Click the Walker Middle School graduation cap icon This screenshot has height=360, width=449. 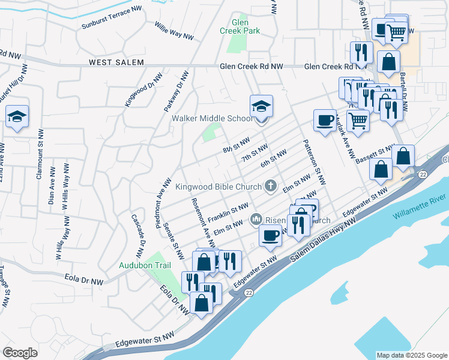pos(261,106)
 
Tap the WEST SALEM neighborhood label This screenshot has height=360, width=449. pos(116,62)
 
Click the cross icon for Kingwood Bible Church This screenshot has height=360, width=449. pos(271,186)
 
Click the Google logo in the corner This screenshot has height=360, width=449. pos(20,353)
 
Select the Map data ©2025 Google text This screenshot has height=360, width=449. pos(411,355)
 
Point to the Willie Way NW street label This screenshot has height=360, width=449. pos(173,32)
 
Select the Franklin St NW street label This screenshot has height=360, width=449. pos(228,211)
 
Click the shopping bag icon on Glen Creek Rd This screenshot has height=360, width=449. pos(389,62)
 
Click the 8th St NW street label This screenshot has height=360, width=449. pos(235,145)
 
